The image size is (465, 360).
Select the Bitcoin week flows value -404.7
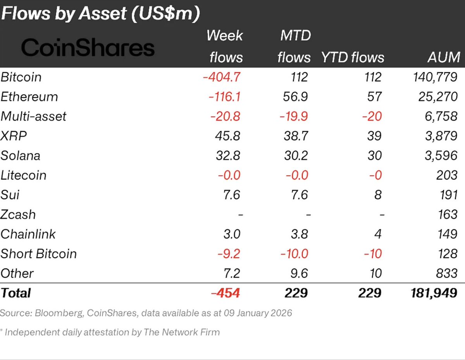tap(222, 77)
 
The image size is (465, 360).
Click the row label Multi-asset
tap(34, 116)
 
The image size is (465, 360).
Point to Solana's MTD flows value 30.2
tap(296, 155)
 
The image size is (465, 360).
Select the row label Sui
tap(10, 195)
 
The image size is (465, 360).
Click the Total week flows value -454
tap(226, 293)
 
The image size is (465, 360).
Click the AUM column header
tap(444, 57)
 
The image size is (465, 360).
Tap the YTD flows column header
tap(353, 57)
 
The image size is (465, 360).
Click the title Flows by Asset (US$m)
tap(100, 14)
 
